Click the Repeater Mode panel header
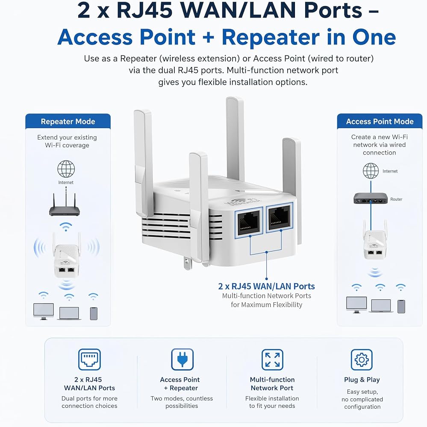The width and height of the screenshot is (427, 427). pos(68,121)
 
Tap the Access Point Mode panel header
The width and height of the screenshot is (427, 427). pos(380,121)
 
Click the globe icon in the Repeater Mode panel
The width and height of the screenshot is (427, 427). pos(66,169)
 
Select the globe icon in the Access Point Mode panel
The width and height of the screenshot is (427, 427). pos(371,171)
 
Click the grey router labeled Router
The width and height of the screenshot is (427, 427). pos(371,198)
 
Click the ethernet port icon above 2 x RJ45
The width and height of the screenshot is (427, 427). pos(89,360)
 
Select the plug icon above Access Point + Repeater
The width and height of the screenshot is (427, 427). pos(183,360)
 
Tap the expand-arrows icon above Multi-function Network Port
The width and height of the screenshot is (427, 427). pos(272,360)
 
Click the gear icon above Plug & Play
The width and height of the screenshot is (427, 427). pos(362,360)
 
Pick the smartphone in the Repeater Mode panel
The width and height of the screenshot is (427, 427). pos(94,313)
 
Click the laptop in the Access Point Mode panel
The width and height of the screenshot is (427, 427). pos(381,306)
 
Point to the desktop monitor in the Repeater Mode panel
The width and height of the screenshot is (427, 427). pos(44,311)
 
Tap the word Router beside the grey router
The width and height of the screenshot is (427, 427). pos(396,199)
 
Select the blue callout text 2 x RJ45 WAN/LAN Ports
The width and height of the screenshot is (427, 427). pos(266,286)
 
